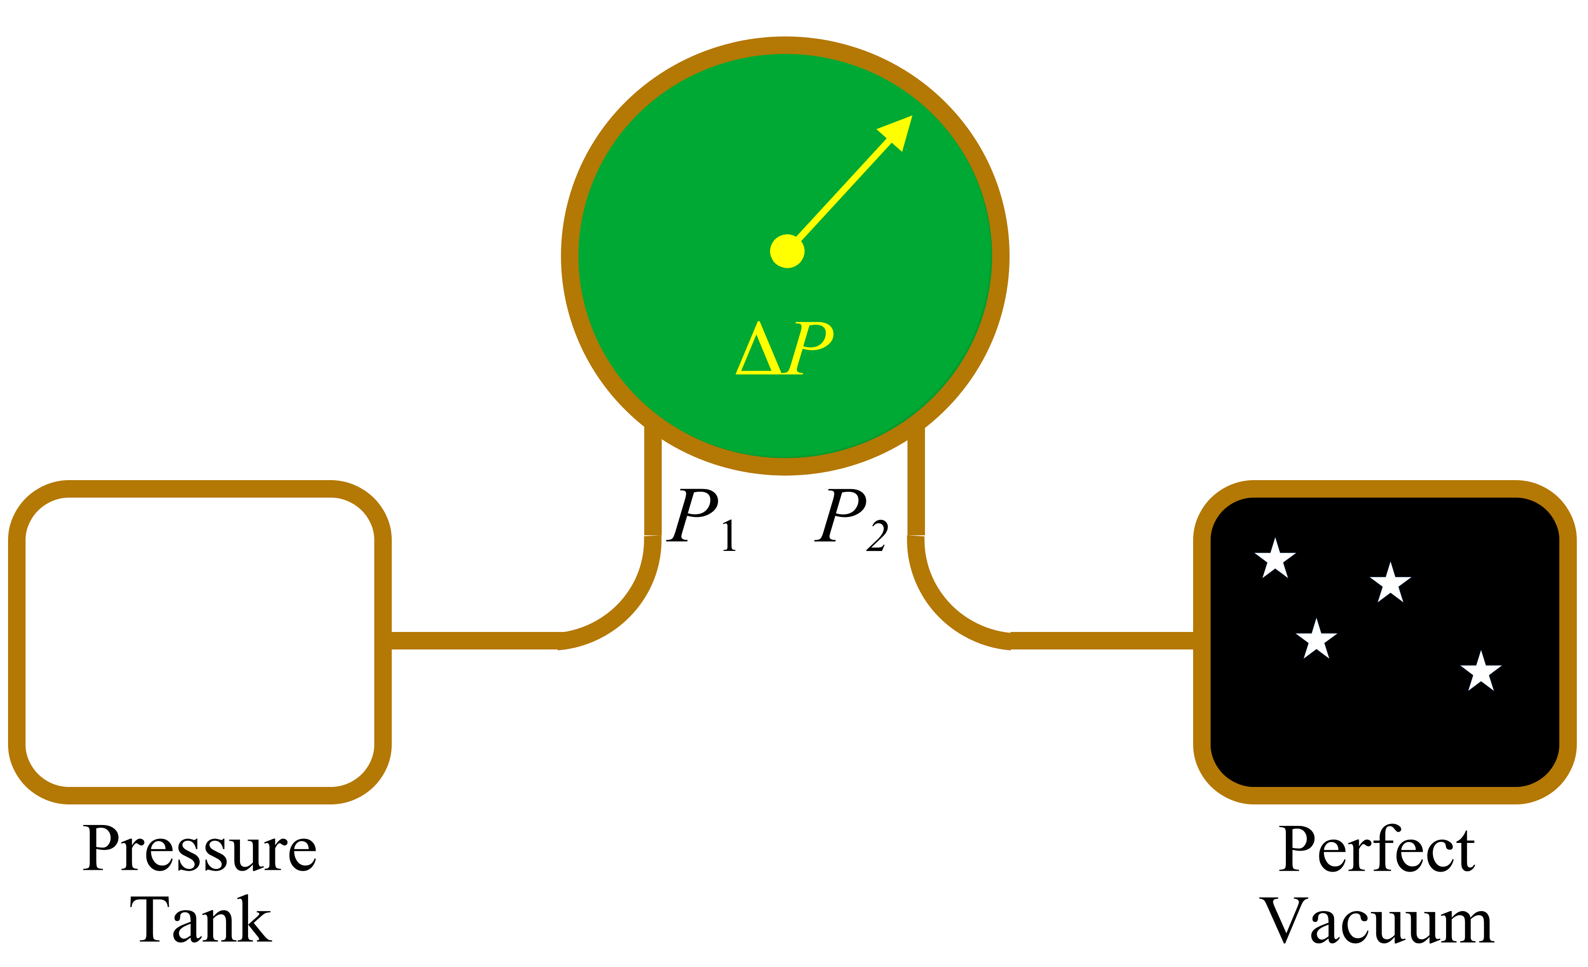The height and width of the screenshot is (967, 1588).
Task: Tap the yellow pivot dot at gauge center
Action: (787, 251)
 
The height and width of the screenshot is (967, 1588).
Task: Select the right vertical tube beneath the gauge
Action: (916, 484)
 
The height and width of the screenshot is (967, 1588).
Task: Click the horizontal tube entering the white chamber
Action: (474, 640)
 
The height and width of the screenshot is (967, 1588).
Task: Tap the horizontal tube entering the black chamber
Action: (1102, 640)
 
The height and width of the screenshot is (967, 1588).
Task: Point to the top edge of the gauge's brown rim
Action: (785, 45)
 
